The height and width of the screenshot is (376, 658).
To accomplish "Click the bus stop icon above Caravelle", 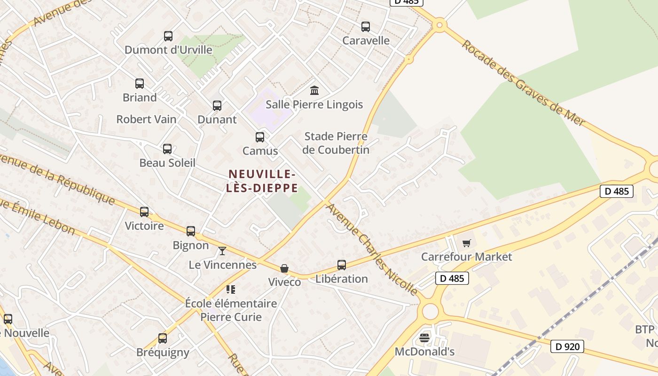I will (x=366, y=27).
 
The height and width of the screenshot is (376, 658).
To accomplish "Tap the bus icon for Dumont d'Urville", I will (x=168, y=36).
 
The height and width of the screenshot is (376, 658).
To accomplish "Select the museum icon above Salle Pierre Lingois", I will (x=314, y=90).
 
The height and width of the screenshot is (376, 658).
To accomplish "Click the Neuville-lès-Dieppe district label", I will (x=262, y=181).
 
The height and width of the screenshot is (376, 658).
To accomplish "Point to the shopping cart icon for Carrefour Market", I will (x=466, y=243).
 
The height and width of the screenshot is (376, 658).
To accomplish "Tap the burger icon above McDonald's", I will (x=424, y=338).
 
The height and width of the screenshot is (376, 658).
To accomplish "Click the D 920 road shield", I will (x=567, y=347).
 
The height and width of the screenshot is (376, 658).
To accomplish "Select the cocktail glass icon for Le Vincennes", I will (x=222, y=251).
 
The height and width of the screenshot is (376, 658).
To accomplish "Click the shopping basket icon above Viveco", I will (x=284, y=268).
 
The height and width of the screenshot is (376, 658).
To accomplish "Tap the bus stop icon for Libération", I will (x=342, y=265).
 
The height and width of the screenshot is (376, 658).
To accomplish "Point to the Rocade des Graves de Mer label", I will (x=524, y=83).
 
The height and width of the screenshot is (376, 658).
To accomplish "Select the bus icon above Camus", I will (x=260, y=137).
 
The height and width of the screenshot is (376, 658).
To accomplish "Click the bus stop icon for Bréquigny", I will (x=163, y=338).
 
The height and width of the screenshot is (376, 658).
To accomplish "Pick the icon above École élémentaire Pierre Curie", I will (x=230, y=290).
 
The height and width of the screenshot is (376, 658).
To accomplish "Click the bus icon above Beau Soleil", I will (x=167, y=149).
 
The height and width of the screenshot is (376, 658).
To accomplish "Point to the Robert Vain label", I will (x=146, y=119).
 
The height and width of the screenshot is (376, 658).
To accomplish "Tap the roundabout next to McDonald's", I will (x=430, y=311).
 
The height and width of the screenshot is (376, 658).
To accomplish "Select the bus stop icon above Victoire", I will (x=144, y=212).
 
